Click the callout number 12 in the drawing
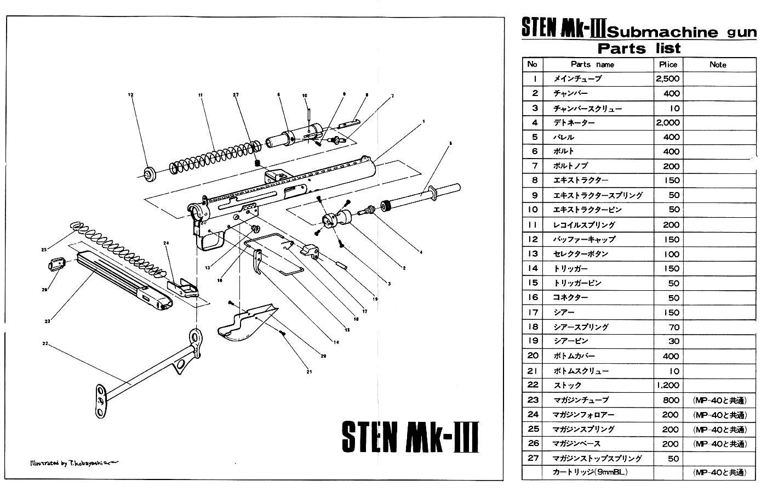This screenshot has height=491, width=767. coord(131,95)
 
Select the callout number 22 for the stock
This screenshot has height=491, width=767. coord(45,343)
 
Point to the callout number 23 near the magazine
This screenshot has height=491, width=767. coord(47,321)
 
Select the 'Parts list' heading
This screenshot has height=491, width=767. coord(639,48)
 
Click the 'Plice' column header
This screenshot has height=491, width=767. coord(668,64)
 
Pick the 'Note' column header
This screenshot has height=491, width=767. coord(718,64)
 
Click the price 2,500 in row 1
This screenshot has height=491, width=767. coord(667,78)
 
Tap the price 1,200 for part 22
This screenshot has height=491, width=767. coord(667,385)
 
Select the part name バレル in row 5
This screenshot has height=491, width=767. coord(564,137)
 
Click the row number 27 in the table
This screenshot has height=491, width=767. coord(533,458)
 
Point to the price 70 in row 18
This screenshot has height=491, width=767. coord(673,327)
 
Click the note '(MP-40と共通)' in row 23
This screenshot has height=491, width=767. coord(719,400)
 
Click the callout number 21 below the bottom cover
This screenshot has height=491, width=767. coord(309,372)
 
